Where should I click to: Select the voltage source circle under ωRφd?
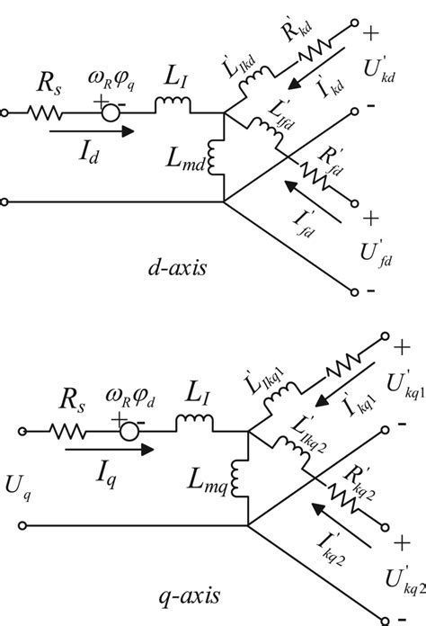[x=131, y=434]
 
